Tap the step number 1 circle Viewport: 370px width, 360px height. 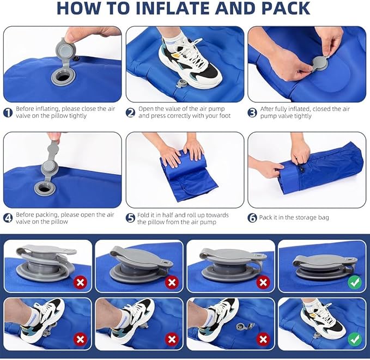[8, 113]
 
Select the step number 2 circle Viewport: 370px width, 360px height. [130, 113]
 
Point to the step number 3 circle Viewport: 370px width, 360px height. [252, 113]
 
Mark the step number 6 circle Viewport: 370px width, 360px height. [252, 218]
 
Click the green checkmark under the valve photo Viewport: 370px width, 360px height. [355, 282]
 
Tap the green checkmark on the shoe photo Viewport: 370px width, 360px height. [355, 339]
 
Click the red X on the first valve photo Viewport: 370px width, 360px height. [81, 282]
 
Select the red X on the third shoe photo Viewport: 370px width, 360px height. [263, 339]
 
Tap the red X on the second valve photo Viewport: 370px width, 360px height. [172, 282]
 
